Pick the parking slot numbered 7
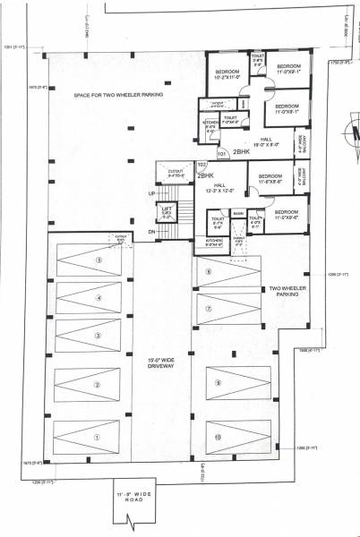pyautogui.click(x=207, y=307)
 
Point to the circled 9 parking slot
pyautogui.click(x=217, y=383)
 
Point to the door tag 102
pyautogui.click(x=201, y=165)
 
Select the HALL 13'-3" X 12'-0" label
pyautogui.click(x=219, y=188)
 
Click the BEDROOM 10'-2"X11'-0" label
pyautogui.click(x=227, y=74)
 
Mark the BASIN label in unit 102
pyautogui.click(x=238, y=213)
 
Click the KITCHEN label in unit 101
pyautogui.click(x=210, y=127)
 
